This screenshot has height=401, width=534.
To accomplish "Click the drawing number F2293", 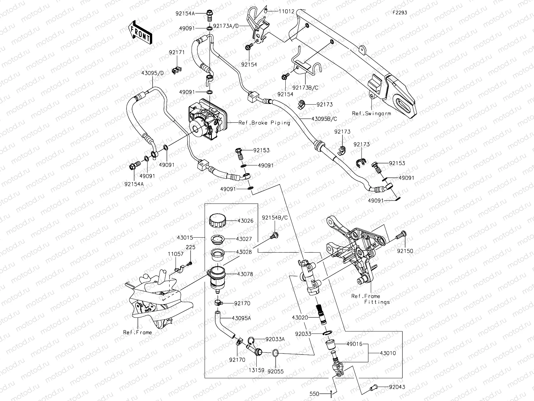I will click(399, 13).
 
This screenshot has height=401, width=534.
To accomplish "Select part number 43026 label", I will click(245, 221).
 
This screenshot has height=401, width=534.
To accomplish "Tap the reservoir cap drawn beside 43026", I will click(217, 222).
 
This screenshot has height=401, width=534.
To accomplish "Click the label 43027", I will click(244, 239).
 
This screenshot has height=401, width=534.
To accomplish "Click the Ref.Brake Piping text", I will click(264, 123).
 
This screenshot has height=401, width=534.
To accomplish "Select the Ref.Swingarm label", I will click(371, 113).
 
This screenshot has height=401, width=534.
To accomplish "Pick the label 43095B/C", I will click(324, 119).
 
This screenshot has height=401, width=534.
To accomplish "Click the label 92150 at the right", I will click(405, 251).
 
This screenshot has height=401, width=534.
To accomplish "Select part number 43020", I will click(300, 317).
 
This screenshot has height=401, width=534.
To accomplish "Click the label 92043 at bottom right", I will click(397, 387).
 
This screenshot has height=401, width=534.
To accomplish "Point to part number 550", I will click(314, 394).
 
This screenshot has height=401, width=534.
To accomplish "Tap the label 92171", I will click(177, 53).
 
